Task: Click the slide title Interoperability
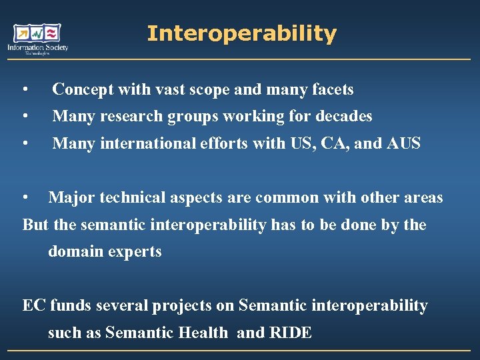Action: click(241, 33)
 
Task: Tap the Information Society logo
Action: click(38, 39)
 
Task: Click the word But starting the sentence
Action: click(35, 225)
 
